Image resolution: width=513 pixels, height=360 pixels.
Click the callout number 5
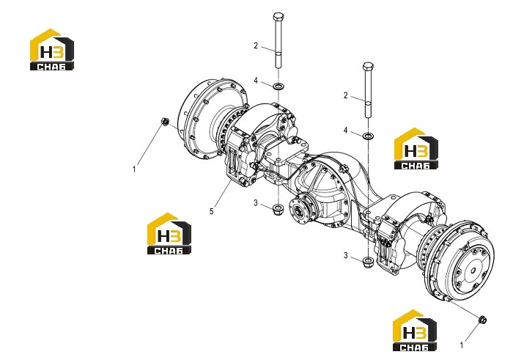211,211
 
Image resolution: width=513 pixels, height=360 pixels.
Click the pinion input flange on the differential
299,210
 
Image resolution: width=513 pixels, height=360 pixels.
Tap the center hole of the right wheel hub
473,271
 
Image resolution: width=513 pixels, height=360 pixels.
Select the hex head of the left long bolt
278,16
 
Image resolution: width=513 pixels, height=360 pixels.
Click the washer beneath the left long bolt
278,87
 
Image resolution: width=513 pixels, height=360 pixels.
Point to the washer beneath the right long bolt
369,135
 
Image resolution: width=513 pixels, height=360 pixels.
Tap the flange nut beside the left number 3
278,207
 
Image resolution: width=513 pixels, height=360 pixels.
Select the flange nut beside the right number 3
368,261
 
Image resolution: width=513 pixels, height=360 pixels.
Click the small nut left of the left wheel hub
165,122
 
